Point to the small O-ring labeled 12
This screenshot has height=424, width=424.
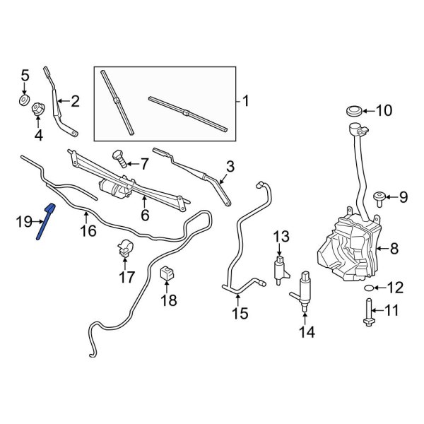point(369,288)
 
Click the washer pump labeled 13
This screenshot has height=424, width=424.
point(280,270)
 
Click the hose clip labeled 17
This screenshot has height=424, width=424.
point(124,249)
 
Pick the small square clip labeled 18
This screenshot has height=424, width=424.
point(167,273)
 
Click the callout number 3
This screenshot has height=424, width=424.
point(230,167)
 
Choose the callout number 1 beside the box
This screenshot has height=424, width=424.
point(245,101)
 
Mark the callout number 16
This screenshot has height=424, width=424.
point(88,230)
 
